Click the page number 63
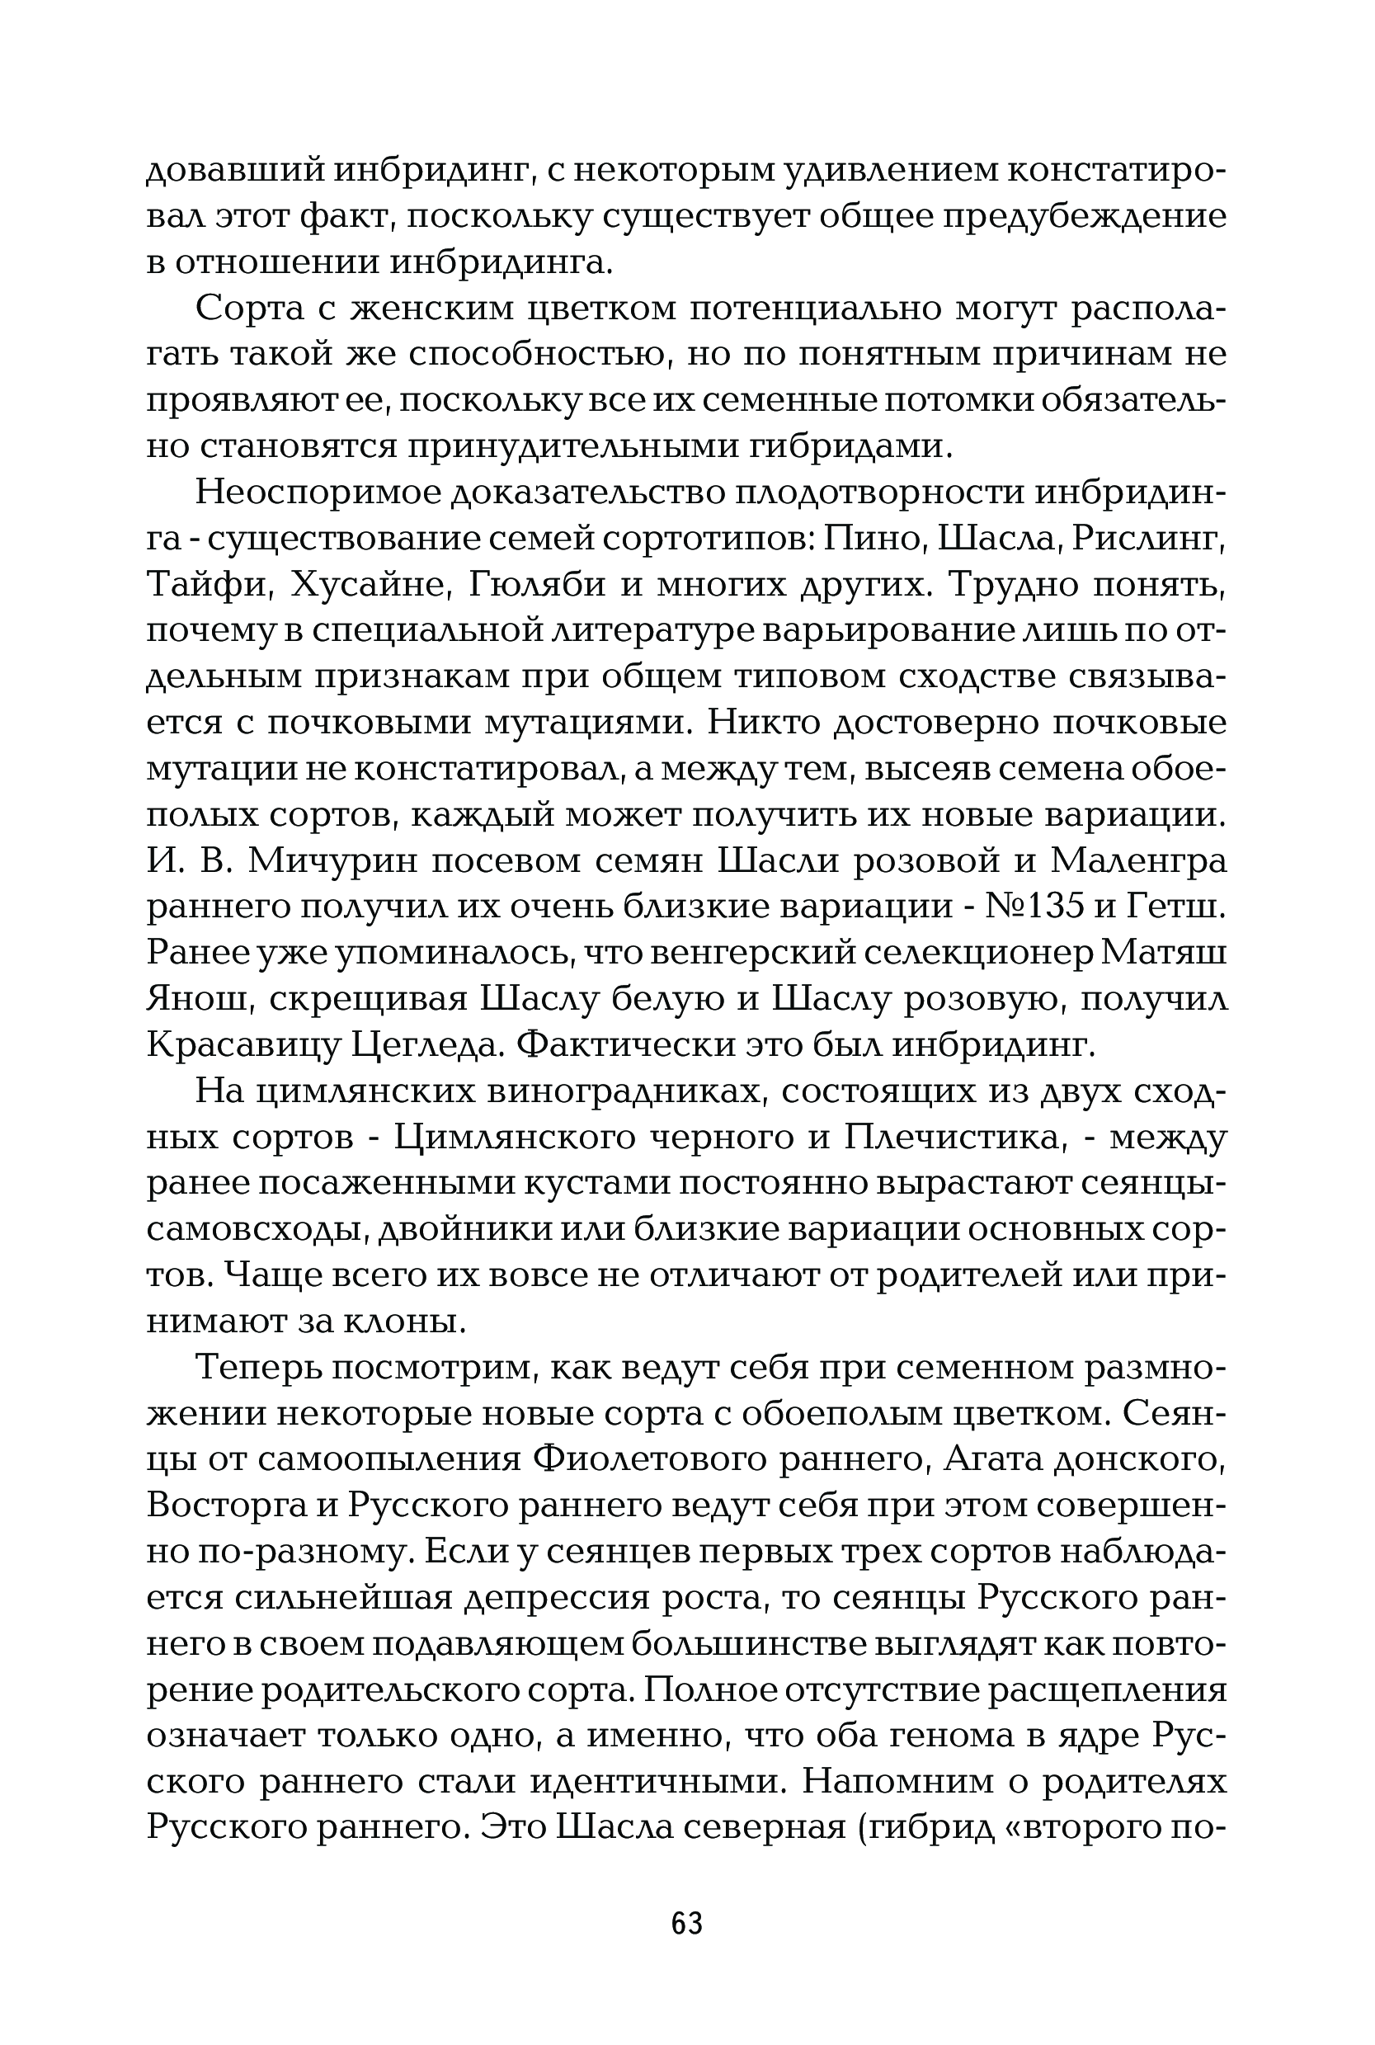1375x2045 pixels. click(686, 1923)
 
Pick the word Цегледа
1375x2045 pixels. click(426, 1044)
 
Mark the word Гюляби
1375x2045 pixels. click(537, 583)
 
